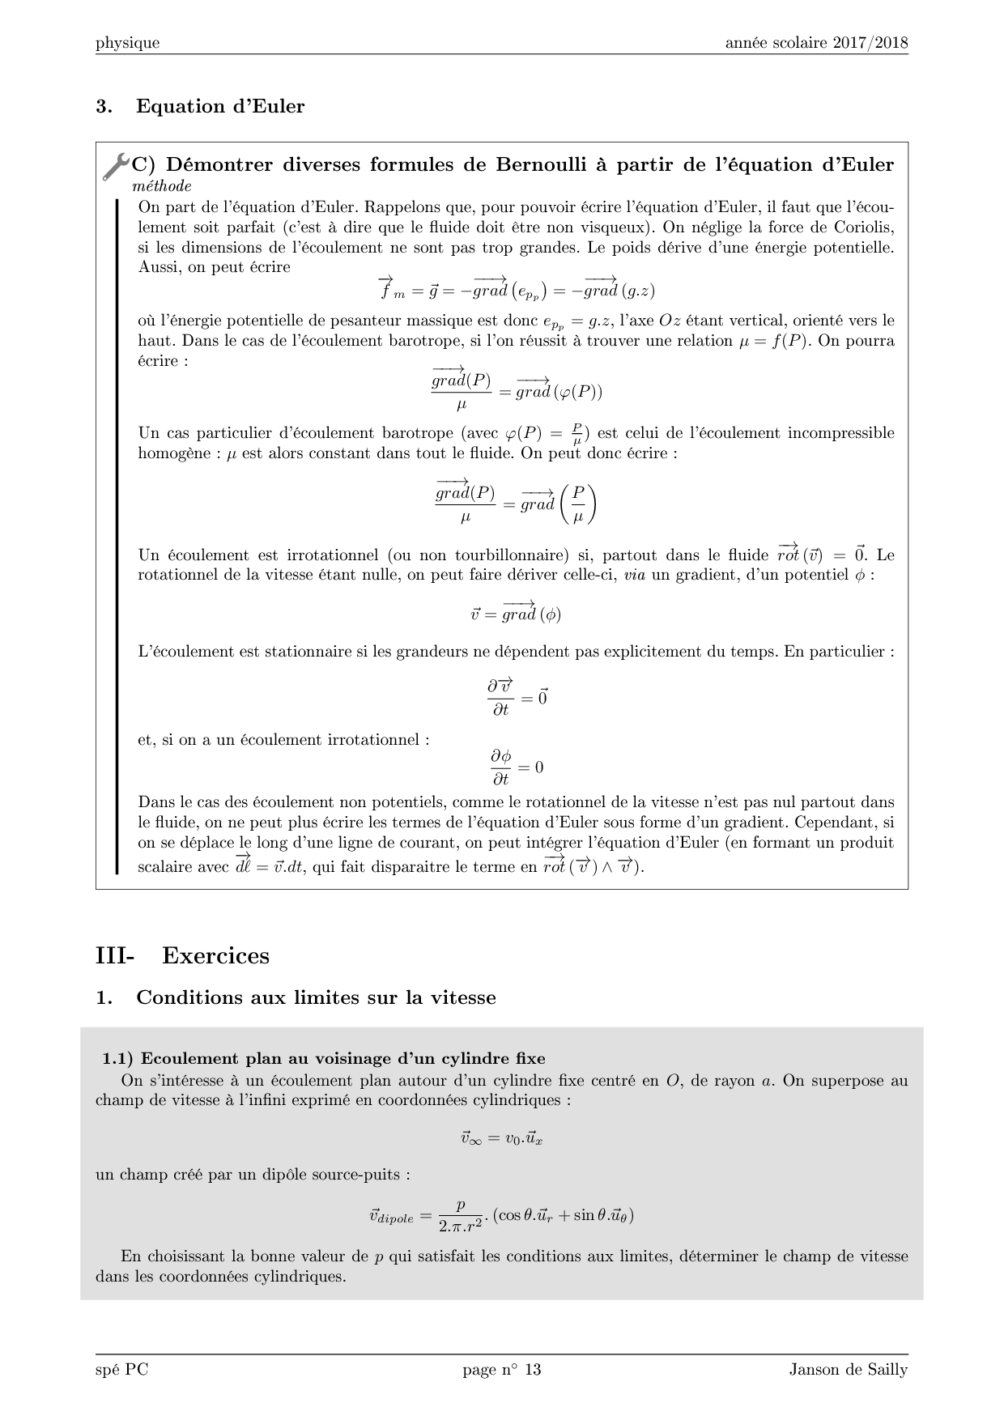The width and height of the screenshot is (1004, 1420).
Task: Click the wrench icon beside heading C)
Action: point(117,166)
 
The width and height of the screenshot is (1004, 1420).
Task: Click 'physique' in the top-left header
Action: point(127,43)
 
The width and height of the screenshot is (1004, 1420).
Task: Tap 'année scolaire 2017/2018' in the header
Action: point(816,43)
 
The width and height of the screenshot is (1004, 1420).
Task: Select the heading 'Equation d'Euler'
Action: point(220,106)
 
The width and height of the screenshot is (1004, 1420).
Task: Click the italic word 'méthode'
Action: point(161,185)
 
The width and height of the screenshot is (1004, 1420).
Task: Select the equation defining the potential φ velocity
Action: point(516,612)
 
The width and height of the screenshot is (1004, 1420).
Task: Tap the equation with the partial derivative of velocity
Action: point(517,697)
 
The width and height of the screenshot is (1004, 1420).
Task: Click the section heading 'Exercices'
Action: point(215,955)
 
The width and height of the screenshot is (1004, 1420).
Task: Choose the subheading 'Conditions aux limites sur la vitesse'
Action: point(316,997)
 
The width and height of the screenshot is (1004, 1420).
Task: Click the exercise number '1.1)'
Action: point(117,1058)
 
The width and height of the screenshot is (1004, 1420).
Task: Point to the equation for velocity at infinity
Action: point(501,1137)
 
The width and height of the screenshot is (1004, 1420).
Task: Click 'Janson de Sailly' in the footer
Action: point(849,1370)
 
